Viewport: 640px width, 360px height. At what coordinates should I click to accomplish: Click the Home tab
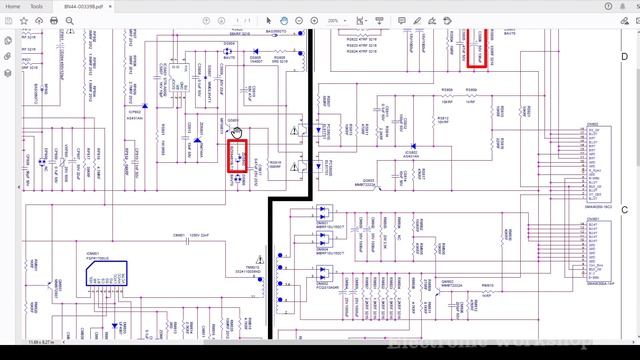coord(13,6)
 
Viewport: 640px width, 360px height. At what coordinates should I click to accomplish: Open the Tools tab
coord(36,6)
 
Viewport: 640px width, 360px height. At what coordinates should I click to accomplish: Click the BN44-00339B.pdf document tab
coord(84,6)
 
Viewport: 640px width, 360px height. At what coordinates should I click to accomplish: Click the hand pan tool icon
coord(284,20)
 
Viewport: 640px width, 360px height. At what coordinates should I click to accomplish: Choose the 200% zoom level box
coord(360,20)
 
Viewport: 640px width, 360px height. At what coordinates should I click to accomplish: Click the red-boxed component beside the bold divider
coord(237,157)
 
